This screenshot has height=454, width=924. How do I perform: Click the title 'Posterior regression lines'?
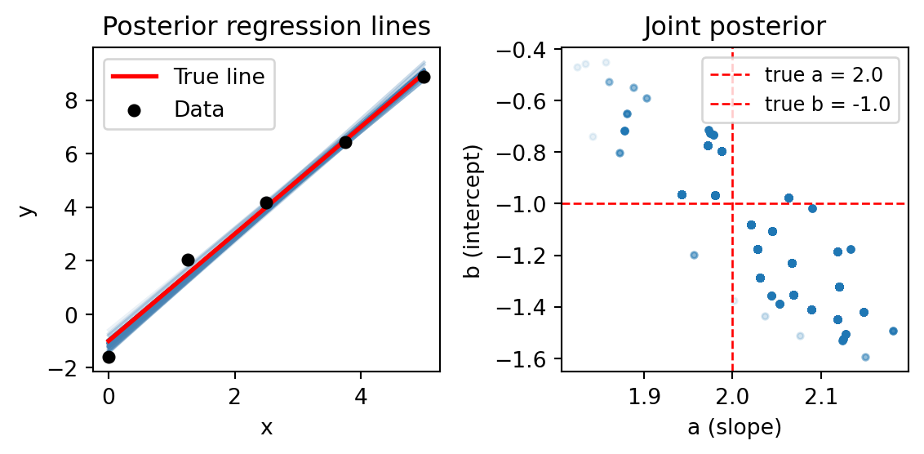pyautogui.click(x=266, y=27)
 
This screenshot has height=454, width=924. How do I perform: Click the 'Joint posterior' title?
pyautogui.click(x=735, y=27)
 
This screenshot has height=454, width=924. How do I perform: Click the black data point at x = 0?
pyautogui.click(x=109, y=357)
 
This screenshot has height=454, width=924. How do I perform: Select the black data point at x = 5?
pyautogui.click(x=424, y=77)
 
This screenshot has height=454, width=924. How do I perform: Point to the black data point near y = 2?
pyautogui.click(x=188, y=260)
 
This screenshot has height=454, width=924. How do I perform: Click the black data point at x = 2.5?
pyautogui.click(x=266, y=203)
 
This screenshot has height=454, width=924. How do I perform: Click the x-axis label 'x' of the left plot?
pyautogui.click(x=266, y=428)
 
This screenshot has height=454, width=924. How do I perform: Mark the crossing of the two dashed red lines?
pyautogui.click(x=732, y=203)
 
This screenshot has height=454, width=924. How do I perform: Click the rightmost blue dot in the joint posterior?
pyautogui.click(x=892, y=331)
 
